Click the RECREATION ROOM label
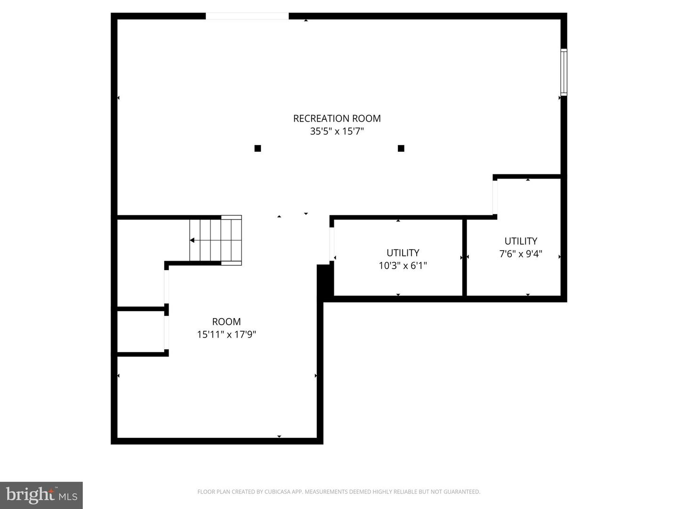(x=337, y=118)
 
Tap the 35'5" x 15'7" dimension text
(x=337, y=131)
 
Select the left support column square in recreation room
(x=258, y=148)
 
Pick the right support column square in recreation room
(x=401, y=148)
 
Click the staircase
(x=216, y=240)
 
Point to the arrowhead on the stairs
(x=192, y=240)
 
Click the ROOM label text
(x=226, y=322)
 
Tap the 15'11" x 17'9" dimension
(x=226, y=335)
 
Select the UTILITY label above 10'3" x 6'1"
(x=403, y=253)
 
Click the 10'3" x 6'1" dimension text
(x=403, y=266)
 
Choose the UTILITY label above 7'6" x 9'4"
(x=521, y=241)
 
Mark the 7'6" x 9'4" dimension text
(x=521, y=254)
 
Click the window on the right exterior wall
(x=564, y=72)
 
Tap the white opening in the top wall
(x=247, y=16)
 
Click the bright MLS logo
(x=41, y=495)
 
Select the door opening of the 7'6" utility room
(x=495, y=197)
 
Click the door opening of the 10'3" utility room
(x=332, y=243)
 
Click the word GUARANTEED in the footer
(x=462, y=492)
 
